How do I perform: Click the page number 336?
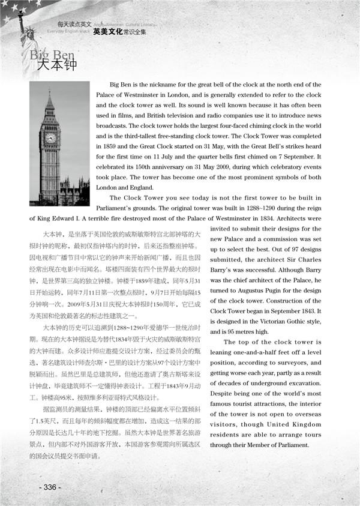coord(50,486)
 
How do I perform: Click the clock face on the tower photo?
coord(50,137)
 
